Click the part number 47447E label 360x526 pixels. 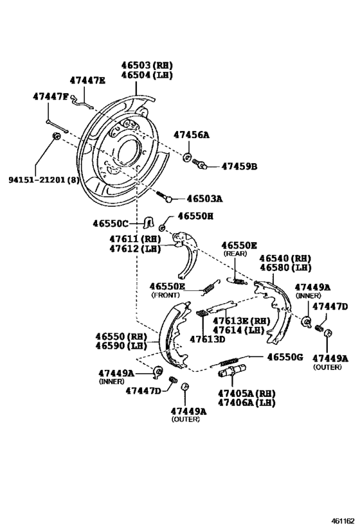[x=87, y=80]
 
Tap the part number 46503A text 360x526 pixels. [x=204, y=199]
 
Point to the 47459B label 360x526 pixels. [x=239, y=166]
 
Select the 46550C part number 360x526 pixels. [x=111, y=224]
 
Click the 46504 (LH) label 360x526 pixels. [x=148, y=75]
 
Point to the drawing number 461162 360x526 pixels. [x=343, y=518]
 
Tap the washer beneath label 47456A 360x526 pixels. [x=187, y=157]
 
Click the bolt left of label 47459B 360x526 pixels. [x=203, y=165]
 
